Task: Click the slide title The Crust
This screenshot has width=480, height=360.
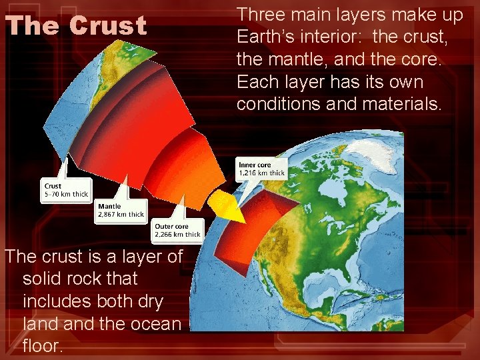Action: [x=76, y=26]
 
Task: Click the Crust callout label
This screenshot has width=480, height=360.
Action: [x=53, y=186]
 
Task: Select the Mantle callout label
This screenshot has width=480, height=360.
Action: [x=109, y=207]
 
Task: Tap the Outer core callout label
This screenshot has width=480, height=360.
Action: [x=172, y=227]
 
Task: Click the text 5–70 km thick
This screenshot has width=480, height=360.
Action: [x=65, y=194]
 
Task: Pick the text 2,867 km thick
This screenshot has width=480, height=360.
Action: [x=121, y=215]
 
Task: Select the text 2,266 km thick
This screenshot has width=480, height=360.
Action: [x=177, y=235]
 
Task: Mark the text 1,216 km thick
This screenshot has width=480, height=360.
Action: [x=262, y=173]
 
